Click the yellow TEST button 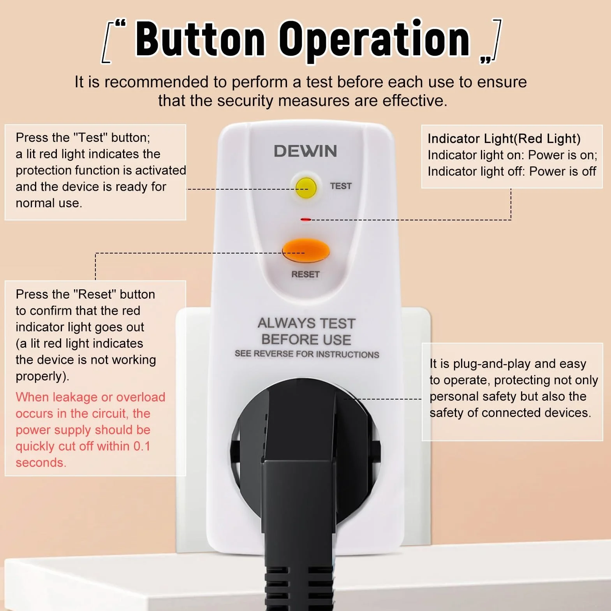click(x=306, y=187)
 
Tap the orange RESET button click(x=306, y=250)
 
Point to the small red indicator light click(x=306, y=220)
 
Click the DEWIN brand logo click(x=305, y=151)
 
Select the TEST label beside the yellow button click(x=341, y=186)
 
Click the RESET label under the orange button click(x=305, y=275)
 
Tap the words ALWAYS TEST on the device click(x=306, y=323)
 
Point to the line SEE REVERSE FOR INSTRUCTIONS click(x=307, y=354)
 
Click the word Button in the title click(x=200, y=39)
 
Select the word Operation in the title click(x=375, y=40)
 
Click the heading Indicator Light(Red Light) click(x=504, y=139)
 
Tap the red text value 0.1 click(x=142, y=446)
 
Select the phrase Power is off click(x=563, y=171)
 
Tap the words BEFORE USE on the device click(x=306, y=340)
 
